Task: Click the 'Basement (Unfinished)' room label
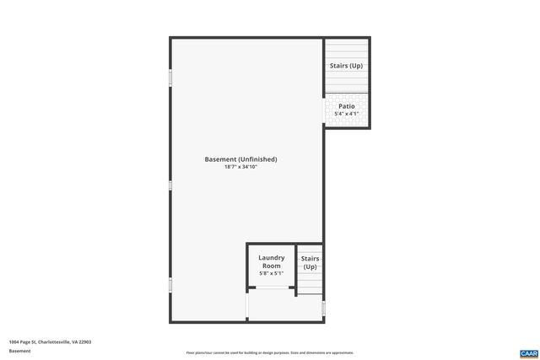240,159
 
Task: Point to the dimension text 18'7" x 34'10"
240,167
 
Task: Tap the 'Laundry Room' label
271,261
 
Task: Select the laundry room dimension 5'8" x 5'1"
271,273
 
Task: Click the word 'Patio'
347,106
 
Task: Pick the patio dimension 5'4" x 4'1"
347,113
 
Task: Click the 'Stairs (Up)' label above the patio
347,65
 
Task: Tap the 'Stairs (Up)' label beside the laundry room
310,262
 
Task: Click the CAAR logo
528,352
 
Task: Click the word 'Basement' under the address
19,351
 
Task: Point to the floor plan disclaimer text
269,352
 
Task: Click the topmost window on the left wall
170,78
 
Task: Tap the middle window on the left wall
170,185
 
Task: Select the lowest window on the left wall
170,285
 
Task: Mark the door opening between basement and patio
325,109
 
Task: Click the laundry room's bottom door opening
271,288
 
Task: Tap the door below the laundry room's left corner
247,305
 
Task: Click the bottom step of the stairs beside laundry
310,292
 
